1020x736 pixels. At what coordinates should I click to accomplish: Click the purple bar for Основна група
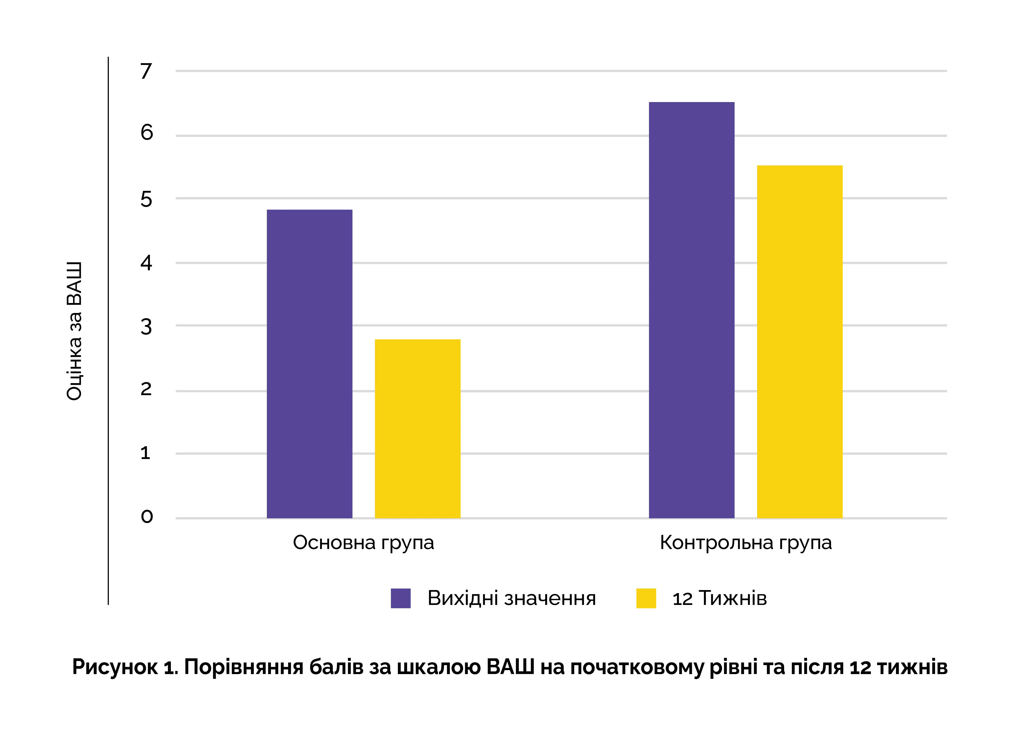309,364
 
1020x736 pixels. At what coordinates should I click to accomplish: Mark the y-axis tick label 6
147,132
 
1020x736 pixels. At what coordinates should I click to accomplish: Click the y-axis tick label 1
145,453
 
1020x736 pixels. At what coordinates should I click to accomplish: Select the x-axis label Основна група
363,543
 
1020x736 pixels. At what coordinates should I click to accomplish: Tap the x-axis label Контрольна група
746,543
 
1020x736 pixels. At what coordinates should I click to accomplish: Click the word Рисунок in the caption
115,667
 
